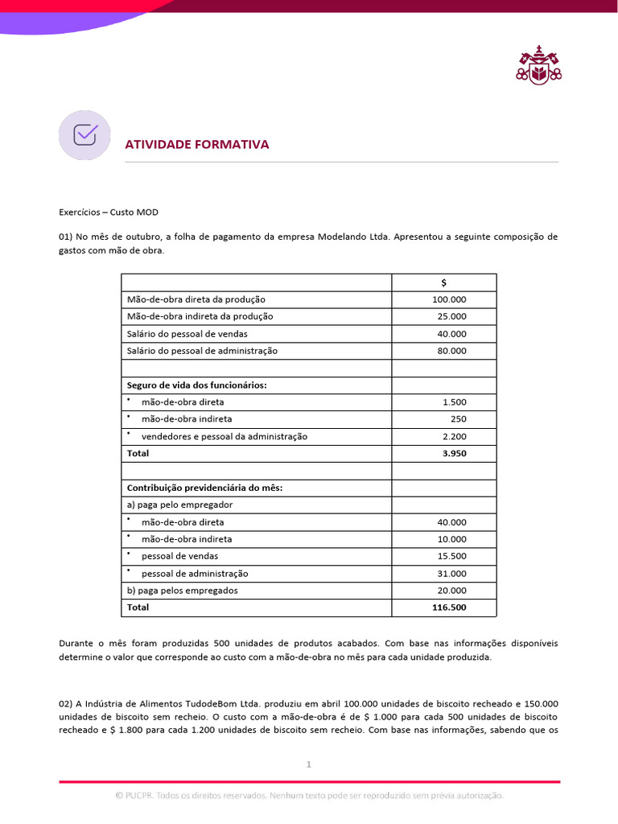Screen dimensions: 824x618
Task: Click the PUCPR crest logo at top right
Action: [x=538, y=65]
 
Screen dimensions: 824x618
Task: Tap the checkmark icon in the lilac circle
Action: [x=85, y=134]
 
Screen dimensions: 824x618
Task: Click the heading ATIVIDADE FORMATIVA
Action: [x=196, y=144]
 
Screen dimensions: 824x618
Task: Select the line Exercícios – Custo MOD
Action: [x=109, y=212]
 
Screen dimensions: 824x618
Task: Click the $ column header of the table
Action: [x=443, y=282]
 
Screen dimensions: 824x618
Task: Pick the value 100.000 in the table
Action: [x=449, y=299]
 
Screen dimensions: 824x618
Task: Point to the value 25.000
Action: [x=451, y=316]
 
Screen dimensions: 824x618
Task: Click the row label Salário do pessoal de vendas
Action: [x=187, y=334]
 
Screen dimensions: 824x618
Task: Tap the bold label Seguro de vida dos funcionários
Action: [x=196, y=385]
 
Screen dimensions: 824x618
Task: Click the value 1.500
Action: [x=454, y=402]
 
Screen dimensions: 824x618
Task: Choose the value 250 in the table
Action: [x=458, y=419]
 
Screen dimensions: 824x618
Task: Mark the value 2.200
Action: [x=454, y=437]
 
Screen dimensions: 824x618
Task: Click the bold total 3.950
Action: [x=454, y=453]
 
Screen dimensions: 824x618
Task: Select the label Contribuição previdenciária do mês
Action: [x=204, y=488]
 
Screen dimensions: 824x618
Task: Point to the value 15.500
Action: [x=451, y=556]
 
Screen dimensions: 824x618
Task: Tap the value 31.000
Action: [x=451, y=574]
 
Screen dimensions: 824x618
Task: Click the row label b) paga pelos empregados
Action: [x=182, y=591]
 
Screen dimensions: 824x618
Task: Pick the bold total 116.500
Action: [x=449, y=608]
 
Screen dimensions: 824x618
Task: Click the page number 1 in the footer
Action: [x=308, y=764]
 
